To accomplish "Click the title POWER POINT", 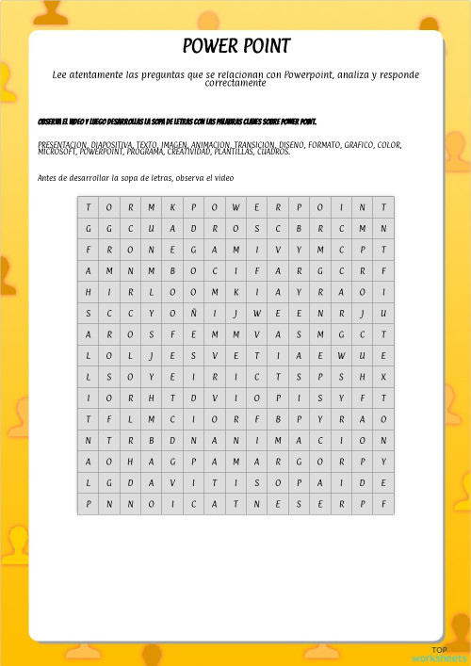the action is click(x=235, y=46).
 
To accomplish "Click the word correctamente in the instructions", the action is click(x=235, y=83).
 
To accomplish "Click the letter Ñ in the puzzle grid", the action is click(x=194, y=314).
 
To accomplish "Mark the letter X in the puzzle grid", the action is click(x=383, y=377).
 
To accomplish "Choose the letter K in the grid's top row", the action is click(x=172, y=207).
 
